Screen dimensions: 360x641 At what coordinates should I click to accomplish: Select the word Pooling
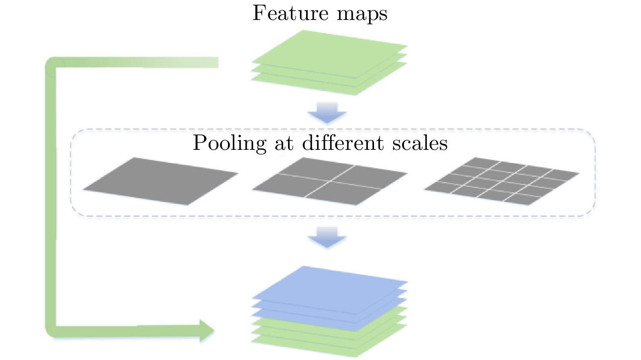(229, 143)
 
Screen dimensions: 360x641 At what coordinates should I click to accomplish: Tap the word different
(343, 143)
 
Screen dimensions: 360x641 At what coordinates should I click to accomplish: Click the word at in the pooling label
(284, 144)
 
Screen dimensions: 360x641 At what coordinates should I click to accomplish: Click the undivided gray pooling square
(160, 181)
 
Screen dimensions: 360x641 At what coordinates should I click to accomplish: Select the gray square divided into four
(330, 181)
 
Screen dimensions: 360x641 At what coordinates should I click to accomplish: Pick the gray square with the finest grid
(501, 181)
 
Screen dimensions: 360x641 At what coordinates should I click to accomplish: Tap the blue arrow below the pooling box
(327, 237)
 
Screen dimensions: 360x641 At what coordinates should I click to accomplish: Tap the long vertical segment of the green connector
(50, 195)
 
